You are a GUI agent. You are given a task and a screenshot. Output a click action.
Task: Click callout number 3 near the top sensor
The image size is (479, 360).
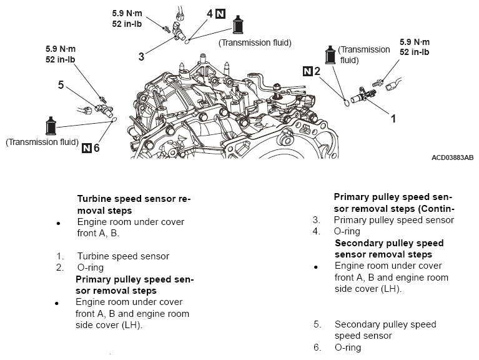(141, 56)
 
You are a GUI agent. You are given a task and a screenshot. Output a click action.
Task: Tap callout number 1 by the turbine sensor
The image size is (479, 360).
(393, 118)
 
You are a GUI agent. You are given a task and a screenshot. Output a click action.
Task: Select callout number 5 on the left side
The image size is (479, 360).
(61, 84)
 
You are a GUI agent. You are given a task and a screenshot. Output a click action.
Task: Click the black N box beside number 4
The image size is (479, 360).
(220, 14)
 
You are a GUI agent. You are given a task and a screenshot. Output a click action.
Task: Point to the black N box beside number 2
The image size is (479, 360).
(307, 71)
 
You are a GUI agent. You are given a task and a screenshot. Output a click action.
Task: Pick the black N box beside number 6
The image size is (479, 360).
(87, 148)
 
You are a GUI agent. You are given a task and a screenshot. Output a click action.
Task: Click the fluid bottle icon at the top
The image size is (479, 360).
(238, 24)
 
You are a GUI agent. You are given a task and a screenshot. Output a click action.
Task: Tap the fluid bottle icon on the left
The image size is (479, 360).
(51, 126)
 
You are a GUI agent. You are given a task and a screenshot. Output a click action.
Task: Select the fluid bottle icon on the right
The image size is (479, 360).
(330, 55)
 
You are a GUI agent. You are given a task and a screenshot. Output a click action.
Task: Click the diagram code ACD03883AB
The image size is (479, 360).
(452, 157)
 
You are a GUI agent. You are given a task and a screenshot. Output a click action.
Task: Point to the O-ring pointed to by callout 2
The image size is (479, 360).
(347, 102)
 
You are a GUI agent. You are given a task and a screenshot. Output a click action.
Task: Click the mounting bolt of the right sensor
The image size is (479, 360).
(377, 83)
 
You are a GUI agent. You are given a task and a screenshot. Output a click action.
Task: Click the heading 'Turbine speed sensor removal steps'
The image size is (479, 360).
(134, 204)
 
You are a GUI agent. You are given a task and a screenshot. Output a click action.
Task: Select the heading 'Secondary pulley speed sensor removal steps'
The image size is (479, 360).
(389, 249)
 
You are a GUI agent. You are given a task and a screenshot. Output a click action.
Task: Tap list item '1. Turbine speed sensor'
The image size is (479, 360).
(112, 256)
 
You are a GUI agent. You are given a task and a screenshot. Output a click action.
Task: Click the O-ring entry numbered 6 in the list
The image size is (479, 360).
(337, 347)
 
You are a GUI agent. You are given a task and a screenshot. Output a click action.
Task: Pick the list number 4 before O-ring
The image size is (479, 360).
(316, 231)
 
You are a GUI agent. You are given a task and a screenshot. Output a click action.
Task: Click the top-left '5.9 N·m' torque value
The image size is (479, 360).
(127, 13)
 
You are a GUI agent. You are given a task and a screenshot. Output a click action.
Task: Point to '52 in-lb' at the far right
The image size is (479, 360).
(414, 52)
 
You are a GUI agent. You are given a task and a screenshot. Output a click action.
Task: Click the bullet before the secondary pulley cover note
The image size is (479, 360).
(316, 267)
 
